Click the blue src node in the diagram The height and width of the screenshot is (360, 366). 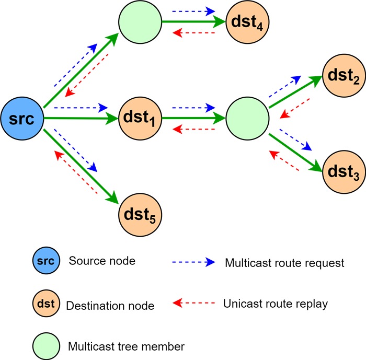coord(22,119)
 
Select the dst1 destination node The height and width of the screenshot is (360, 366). coord(140,119)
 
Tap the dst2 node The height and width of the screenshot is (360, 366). coord(343,77)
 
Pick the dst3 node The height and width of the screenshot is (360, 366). coord(343,171)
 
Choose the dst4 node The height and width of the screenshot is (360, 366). coord(246,22)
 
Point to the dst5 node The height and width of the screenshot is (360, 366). coord(140,213)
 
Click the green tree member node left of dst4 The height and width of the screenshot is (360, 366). coord(139,22)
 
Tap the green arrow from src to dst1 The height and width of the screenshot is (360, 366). coord(81,119)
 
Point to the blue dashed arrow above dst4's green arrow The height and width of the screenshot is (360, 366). coord(193,10)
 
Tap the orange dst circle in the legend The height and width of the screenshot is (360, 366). coord(45,303)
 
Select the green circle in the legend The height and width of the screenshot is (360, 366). coord(45,345)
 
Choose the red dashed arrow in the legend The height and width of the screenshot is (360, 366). coord(193,303)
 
